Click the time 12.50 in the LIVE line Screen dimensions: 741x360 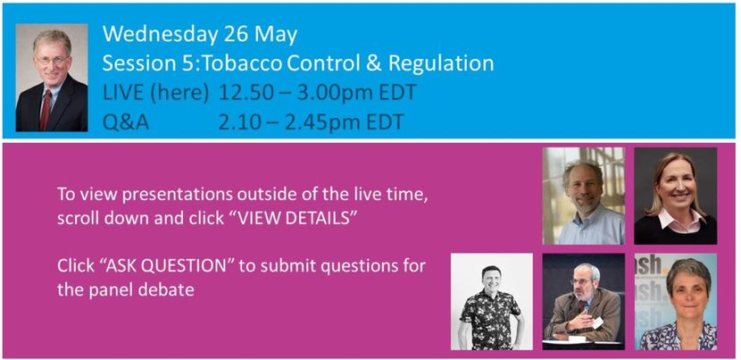246,93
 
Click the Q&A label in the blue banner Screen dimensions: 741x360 126,123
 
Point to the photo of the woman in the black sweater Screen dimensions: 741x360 675,196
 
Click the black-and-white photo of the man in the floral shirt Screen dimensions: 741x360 492,301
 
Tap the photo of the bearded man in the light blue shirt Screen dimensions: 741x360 584,196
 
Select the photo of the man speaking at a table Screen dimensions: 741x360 584,301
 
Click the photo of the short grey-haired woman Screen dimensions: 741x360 675,301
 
